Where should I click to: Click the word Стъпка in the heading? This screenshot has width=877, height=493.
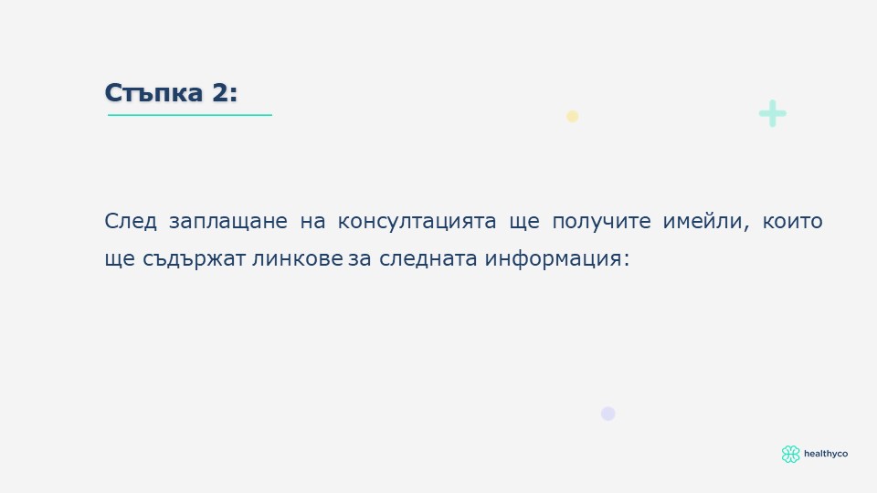(153, 93)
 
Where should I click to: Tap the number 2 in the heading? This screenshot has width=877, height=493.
(220, 93)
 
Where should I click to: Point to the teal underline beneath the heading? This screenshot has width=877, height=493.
(190, 115)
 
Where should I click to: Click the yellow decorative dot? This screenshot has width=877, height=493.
(572, 116)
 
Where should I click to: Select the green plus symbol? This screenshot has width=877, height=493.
(773, 113)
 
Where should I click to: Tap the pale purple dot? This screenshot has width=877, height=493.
(608, 414)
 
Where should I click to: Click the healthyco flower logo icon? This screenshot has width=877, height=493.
(790, 454)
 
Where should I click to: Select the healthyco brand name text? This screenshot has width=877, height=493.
(826, 454)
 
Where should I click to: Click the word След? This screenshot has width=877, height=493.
(131, 221)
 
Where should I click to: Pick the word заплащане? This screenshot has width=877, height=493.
(228, 222)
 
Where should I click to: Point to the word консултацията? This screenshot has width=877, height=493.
(417, 222)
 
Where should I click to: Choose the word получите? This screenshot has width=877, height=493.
(601, 222)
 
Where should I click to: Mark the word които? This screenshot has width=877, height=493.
(793, 222)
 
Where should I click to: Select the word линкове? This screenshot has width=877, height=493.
(298, 258)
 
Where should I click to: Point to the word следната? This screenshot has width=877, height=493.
(428, 258)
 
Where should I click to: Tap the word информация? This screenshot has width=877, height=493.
(557, 258)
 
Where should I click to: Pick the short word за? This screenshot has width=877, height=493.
(359, 259)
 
